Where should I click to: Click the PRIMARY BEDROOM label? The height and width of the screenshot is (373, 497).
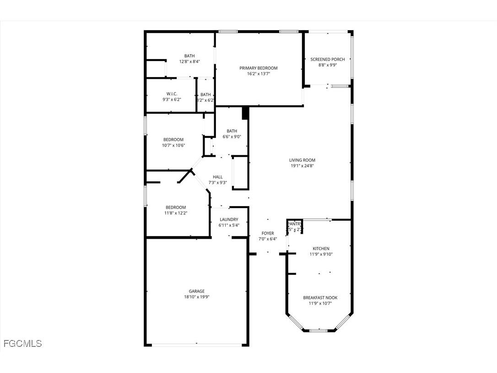click(259, 68)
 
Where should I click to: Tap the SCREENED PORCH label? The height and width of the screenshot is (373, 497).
click(327, 59)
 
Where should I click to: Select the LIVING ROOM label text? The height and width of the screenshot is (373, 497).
click(302, 160)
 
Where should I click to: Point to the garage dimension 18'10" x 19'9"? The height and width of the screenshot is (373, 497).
click(197, 296)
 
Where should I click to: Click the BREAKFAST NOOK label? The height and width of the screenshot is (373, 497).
click(320, 297)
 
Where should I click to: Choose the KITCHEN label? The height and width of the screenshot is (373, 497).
click(320, 248)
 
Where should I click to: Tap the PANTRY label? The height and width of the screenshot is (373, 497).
click(295, 224)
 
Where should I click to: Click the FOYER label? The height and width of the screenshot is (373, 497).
click(268, 233)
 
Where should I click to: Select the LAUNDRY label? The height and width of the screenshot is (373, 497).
click(228, 219)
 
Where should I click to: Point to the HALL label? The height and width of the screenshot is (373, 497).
click(218, 177)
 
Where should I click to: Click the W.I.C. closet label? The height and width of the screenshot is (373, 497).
click(172, 93)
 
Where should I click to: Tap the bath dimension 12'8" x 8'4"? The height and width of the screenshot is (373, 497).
click(189, 61)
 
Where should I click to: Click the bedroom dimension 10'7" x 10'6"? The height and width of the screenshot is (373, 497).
click(173, 145)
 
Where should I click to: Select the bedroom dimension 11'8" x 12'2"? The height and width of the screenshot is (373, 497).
click(176, 213)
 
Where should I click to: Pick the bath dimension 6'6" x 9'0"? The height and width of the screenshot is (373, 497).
click(232, 136)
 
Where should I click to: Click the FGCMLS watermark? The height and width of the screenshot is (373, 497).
click(22, 343)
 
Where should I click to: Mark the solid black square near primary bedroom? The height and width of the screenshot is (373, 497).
click(245, 113)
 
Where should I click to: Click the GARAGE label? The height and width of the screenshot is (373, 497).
click(197, 291)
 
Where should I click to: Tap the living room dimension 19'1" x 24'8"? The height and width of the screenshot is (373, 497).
click(302, 166)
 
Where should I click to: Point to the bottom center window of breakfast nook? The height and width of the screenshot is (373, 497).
click(319, 330)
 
